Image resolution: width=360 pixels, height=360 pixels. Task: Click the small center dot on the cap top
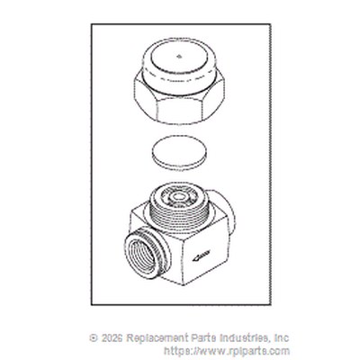click(x=179, y=56)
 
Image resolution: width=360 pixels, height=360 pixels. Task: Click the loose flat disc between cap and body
click(x=179, y=154)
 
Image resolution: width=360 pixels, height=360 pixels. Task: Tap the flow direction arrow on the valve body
click(x=202, y=255)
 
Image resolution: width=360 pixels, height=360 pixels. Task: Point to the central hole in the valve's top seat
click(x=179, y=197)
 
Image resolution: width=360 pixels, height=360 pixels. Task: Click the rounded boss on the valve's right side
click(x=222, y=210)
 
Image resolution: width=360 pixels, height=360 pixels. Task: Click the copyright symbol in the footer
click(x=94, y=338)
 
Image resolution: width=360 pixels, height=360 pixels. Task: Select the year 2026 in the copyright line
click(x=112, y=338)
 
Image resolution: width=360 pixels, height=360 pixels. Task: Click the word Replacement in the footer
click(x=157, y=338)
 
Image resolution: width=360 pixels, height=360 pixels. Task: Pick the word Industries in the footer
click(x=244, y=338)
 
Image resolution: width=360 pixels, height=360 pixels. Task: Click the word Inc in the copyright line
click(x=282, y=338)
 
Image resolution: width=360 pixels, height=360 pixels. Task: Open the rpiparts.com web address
click(x=227, y=351)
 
